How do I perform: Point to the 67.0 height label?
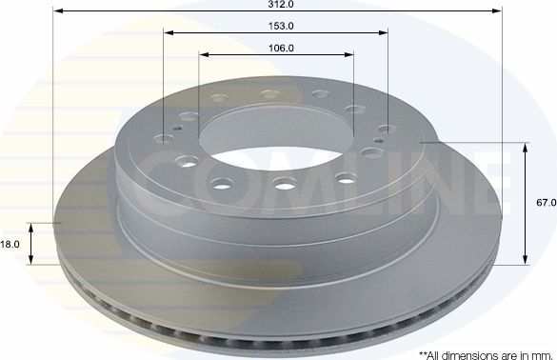pyautogui.click(x=545, y=203)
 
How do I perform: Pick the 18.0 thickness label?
pyautogui.click(x=10, y=245)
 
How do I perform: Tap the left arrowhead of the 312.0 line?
pyautogui.click(x=56, y=12)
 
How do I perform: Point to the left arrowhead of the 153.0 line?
pyautogui.click(x=168, y=33)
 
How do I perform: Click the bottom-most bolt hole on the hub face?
pyautogui.click(x=283, y=183)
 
